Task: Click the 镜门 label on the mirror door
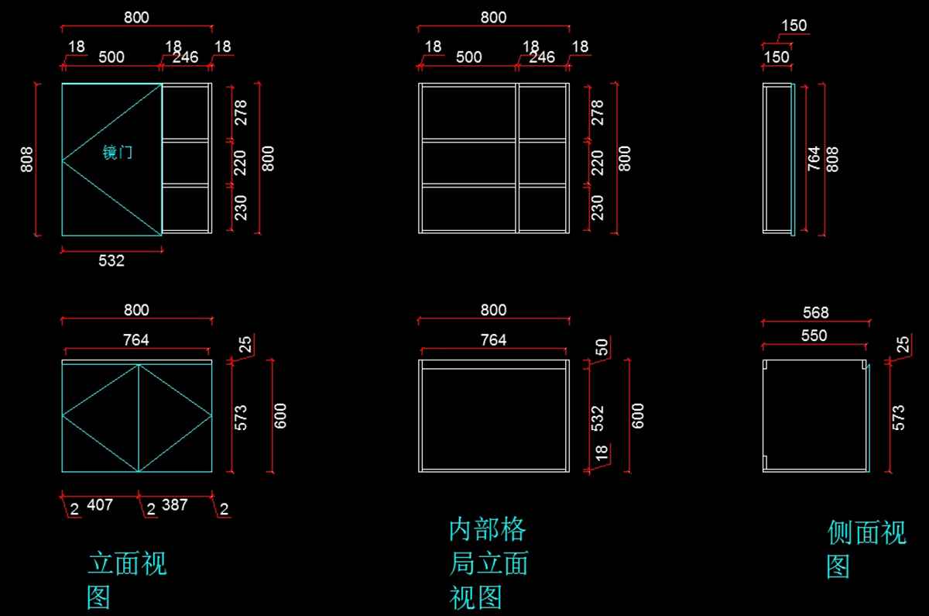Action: point(118,153)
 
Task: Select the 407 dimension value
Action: point(100,505)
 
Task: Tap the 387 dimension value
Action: point(175,505)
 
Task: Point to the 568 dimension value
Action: point(816,312)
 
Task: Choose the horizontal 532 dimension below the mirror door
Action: point(111,261)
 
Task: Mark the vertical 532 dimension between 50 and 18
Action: point(598,418)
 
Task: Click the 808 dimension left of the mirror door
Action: point(27,159)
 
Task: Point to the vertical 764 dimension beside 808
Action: point(814,158)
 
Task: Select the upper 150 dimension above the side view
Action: point(794,26)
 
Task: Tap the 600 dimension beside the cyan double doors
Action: point(281,415)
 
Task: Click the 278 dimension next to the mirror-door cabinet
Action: point(240,112)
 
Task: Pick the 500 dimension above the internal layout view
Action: point(468,57)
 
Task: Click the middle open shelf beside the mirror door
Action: point(186,163)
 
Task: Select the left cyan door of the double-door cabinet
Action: point(101,417)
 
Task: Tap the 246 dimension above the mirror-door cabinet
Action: point(185,57)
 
